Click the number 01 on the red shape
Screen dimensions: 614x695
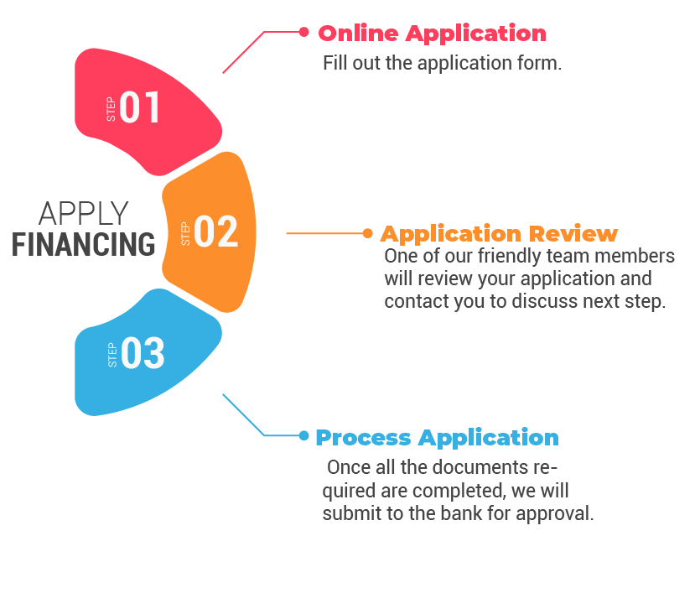pyautogui.click(x=139, y=108)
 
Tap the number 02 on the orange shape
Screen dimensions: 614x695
pyautogui.click(x=216, y=232)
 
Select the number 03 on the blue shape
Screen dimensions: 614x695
pyautogui.click(x=143, y=353)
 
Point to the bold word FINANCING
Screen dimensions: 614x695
pyautogui.click(x=84, y=244)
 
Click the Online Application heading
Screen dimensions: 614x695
pyautogui.click(x=432, y=34)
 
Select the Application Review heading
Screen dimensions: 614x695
pyautogui.click(x=499, y=233)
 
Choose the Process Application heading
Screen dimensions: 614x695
pyautogui.click(x=437, y=437)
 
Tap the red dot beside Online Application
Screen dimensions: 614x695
pyautogui.click(x=303, y=32)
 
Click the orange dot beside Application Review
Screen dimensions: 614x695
pyautogui.click(x=367, y=233)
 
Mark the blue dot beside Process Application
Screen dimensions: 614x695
pyautogui.click(x=303, y=435)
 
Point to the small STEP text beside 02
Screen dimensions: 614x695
pyautogui.click(x=185, y=233)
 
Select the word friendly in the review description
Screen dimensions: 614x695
pyautogui.click(x=495, y=256)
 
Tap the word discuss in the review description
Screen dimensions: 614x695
pyautogui.click(x=544, y=302)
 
